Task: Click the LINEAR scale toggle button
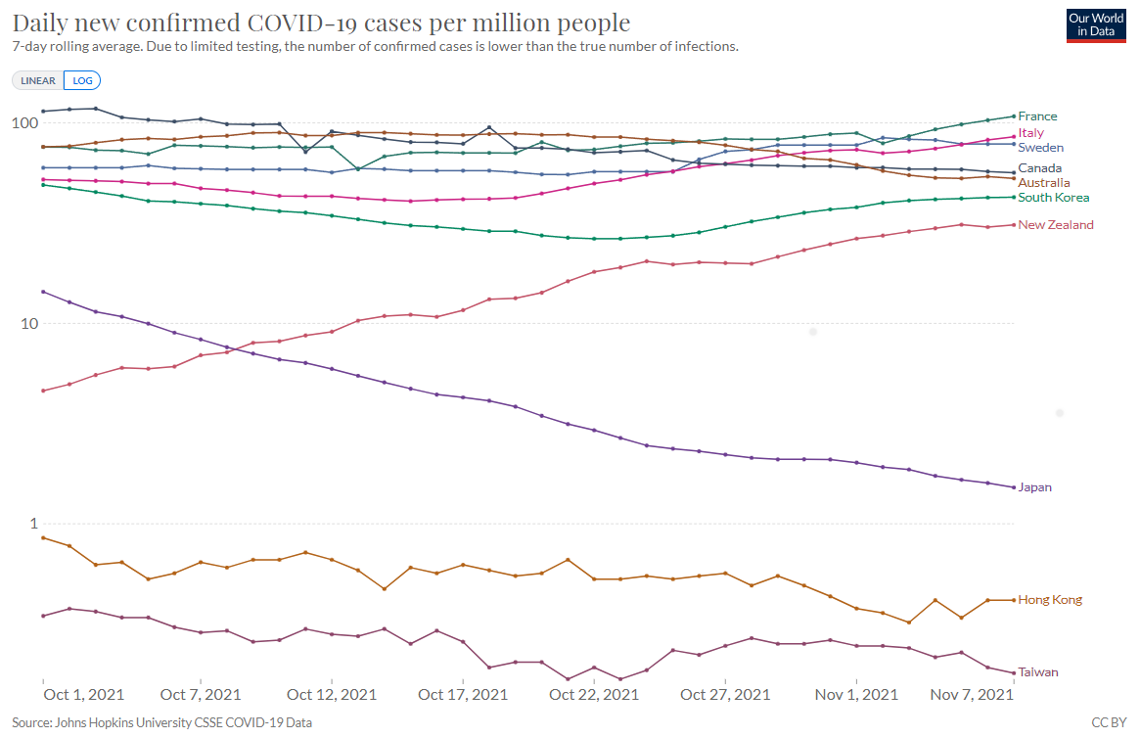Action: pos(38,81)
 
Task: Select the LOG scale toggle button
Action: pos(82,81)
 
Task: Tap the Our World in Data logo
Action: pos(1096,25)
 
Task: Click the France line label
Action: pos(1037,116)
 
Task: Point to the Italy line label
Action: pos(1030,133)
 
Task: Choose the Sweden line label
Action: pos(1040,148)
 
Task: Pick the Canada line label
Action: pos(1039,168)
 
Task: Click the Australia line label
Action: pos(1043,183)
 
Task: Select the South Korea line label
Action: pos(1053,198)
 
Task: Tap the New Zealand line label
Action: pos(1056,225)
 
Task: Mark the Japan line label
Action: pos(1034,487)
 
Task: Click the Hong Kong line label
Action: pos(1050,600)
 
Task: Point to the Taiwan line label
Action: pos(1038,672)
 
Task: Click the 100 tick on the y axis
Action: pos(23,123)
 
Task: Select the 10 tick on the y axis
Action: pos(26,324)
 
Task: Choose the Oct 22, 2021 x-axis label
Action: pos(594,695)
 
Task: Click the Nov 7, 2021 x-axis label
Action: pos(969,695)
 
